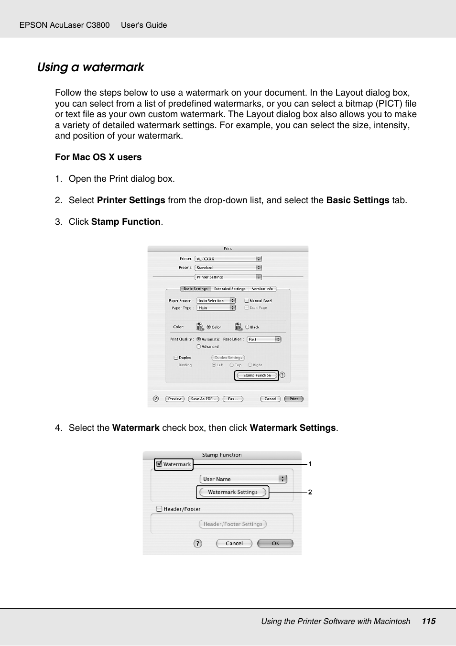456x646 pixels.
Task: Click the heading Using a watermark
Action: click(90, 67)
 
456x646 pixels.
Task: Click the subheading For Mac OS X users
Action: click(98, 157)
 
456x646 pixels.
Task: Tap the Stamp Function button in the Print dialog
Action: click(257, 375)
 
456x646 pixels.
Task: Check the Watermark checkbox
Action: click(160, 464)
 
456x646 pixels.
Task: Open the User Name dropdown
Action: click(243, 479)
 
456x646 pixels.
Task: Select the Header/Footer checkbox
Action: click(159, 509)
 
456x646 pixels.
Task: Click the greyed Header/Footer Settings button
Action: click(233, 524)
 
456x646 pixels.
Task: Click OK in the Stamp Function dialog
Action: click(275, 543)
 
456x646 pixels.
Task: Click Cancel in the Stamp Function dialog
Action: click(234, 543)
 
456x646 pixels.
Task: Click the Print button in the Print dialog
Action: click(293, 399)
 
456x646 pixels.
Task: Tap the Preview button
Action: click(174, 399)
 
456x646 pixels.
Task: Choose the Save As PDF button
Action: click(203, 399)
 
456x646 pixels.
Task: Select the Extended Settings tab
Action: click(229, 289)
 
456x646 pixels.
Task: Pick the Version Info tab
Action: click(262, 289)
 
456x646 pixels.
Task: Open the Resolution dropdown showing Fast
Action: click(264, 339)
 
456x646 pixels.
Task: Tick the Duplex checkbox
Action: click(176, 358)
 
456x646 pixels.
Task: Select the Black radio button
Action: click(247, 327)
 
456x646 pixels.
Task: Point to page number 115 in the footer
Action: click(428, 621)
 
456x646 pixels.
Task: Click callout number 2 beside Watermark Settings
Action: click(310, 492)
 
